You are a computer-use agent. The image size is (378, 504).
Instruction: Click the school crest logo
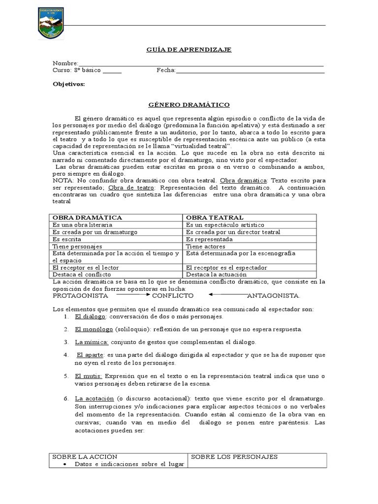(x=51, y=23)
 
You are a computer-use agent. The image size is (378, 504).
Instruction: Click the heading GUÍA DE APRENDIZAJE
(x=189, y=50)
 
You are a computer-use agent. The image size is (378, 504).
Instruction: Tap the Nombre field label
(x=65, y=64)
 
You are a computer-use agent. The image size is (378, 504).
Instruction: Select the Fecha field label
(x=166, y=70)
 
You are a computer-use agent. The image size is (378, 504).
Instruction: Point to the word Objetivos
(x=69, y=84)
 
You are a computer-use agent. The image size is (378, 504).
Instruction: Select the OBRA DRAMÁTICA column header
(x=87, y=217)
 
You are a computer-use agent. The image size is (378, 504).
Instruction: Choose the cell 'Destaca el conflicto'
(x=82, y=274)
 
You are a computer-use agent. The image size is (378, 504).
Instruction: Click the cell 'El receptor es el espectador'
(x=226, y=267)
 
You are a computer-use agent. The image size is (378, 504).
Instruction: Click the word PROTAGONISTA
(x=80, y=296)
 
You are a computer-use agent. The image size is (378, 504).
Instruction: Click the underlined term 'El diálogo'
(x=91, y=316)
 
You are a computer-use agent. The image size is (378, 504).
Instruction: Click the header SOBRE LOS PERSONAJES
(x=234, y=457)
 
